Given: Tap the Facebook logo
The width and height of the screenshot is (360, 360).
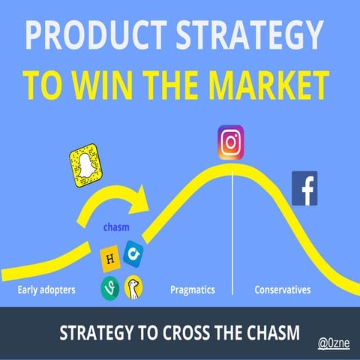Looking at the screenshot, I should point(304,188).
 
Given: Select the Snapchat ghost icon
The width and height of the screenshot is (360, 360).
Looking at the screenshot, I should point(85,166).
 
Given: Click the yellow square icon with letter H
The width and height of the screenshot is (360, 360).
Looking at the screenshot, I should point(110,259).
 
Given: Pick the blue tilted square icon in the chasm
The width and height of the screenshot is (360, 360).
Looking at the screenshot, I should point(133,253).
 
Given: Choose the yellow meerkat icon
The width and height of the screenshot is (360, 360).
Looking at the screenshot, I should point(133,287).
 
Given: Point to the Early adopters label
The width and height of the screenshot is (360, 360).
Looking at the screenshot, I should point(46,289).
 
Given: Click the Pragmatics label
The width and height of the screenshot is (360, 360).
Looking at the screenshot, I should point(193,289).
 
